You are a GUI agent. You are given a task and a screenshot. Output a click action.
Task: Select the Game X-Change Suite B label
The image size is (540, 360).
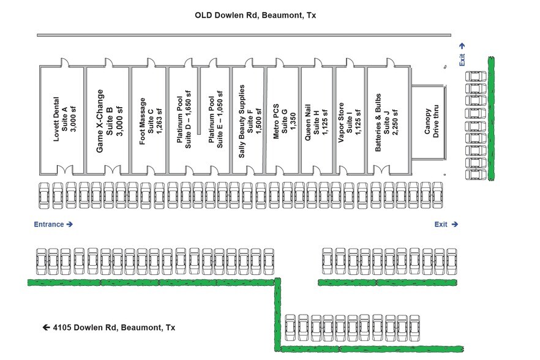(x=110, y=121)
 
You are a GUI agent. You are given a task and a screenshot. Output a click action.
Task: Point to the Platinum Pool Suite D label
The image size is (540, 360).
(x=184, y=121)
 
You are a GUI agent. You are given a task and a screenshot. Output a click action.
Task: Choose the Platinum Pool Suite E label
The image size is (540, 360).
(x=216, y=121)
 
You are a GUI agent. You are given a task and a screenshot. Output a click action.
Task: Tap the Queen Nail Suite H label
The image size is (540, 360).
(x=317, y=121)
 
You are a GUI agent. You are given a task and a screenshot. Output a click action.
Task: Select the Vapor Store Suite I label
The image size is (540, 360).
(x=350, y=121)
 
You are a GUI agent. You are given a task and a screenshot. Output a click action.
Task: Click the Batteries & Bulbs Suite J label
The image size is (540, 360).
(x=386, y=121)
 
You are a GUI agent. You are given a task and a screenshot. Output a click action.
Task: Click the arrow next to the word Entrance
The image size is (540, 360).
(x=70, y=225)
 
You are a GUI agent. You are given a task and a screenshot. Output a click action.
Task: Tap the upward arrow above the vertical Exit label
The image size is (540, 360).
(x=462, y=45)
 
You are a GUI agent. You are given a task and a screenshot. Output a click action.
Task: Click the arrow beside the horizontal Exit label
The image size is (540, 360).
(x=455, y=225)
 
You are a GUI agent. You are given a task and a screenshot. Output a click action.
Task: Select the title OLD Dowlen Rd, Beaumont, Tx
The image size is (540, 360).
(x=255, y=15)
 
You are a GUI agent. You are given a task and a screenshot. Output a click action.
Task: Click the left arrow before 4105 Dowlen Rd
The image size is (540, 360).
(x=46, y=328)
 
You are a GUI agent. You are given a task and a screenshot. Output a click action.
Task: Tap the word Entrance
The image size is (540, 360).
(x=49, y=225)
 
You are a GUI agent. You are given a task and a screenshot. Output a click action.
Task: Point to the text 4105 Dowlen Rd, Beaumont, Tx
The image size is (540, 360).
(x=114, y=328)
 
